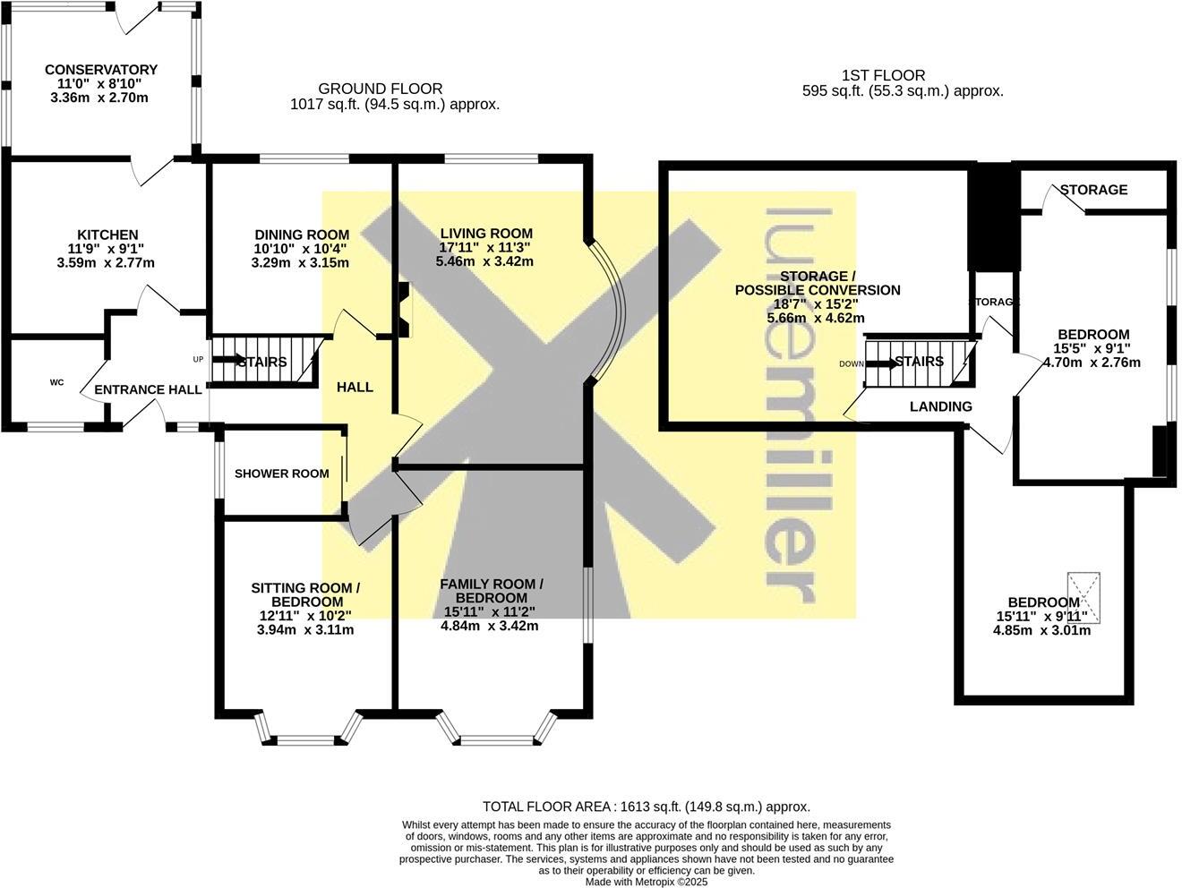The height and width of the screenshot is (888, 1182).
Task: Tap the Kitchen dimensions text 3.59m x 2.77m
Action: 106,263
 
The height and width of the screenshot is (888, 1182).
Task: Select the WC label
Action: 56,382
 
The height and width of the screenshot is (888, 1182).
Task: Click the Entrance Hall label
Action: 142,389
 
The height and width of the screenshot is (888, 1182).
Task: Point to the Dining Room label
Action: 302,235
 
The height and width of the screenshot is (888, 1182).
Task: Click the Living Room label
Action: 487,233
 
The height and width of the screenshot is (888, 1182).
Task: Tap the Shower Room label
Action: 281,474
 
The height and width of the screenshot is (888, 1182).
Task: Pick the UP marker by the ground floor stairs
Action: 199,359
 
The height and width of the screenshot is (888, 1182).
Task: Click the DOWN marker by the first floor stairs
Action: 852,363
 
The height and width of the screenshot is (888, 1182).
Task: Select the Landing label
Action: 940,406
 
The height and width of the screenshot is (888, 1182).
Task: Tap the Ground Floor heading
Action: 381,89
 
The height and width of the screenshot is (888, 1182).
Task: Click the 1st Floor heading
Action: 883,75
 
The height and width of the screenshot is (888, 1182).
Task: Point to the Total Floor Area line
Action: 646,807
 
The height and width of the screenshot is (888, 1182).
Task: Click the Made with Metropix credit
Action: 646,882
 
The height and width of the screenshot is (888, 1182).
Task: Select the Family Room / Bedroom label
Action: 491,591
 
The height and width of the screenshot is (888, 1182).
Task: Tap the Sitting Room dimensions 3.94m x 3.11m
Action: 305,629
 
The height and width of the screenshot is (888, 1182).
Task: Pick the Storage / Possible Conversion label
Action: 817,283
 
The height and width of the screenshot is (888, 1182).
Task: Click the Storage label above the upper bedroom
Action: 1093,190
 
